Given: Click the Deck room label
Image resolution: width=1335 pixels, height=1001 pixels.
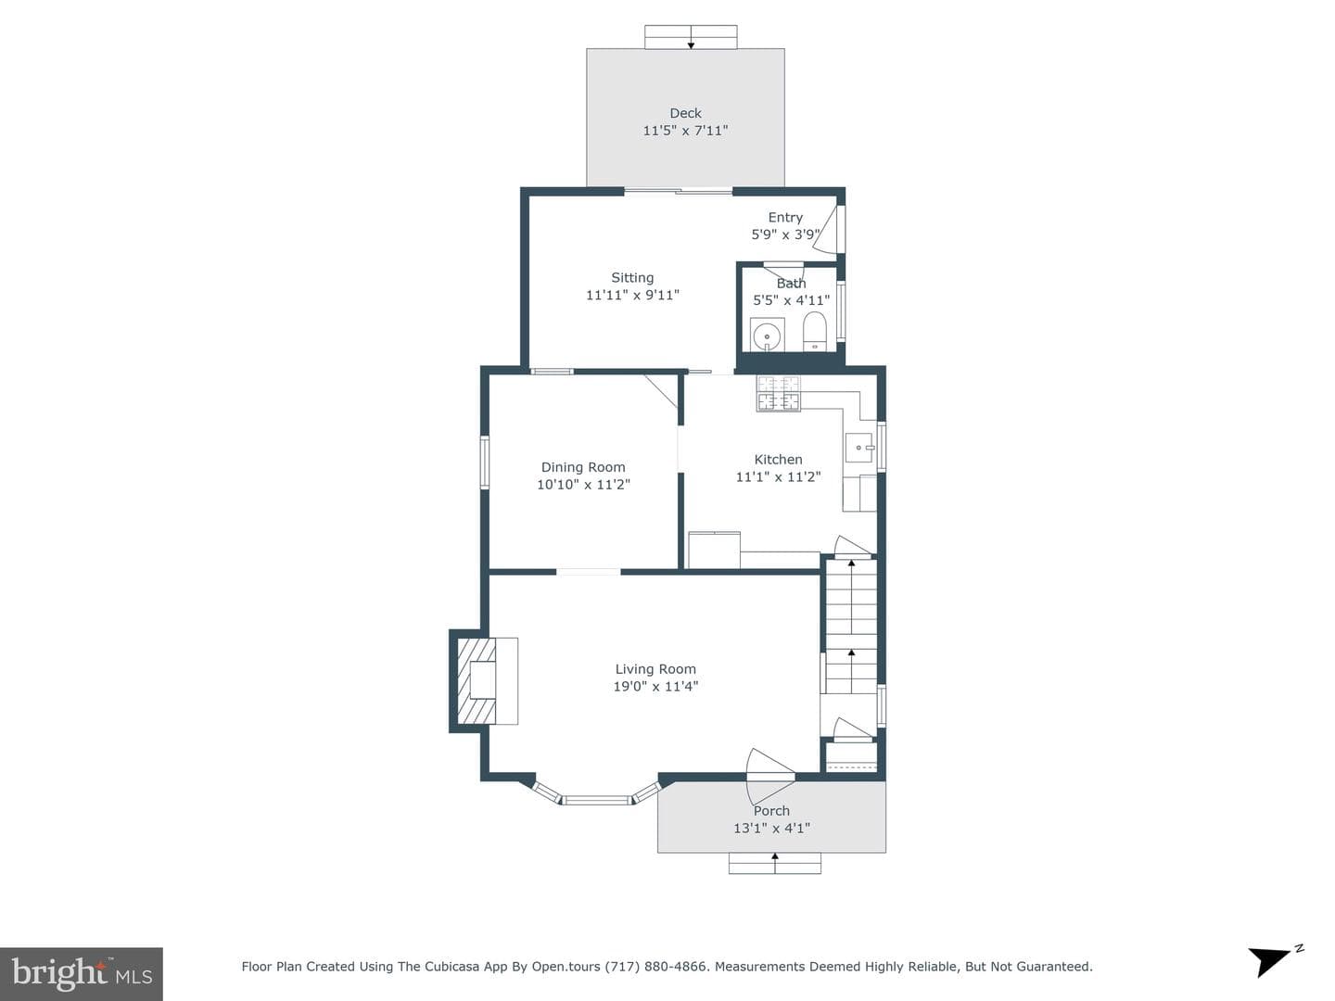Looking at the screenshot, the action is (x=685, y=113).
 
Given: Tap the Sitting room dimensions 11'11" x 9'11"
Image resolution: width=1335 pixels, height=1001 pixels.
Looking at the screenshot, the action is (x=632, y=295).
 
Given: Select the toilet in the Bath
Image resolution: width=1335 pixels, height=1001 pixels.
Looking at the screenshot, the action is (x=814, y=331).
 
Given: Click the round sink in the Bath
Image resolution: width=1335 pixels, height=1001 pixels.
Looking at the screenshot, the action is (x=767, y=335).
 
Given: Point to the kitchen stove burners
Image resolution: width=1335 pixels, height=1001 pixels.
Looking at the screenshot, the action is (x=779, y=393).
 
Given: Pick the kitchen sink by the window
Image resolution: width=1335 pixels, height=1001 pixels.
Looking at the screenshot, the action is (x=859, y=448).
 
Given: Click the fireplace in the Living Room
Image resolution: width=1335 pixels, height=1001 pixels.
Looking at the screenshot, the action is (x=477, y=680).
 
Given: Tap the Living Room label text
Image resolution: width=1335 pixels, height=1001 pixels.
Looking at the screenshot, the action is (x=655, y=669).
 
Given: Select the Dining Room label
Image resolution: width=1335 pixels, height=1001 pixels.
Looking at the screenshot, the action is (x=583, y=467).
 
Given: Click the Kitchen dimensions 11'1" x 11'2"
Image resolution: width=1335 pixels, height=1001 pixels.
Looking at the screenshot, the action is (x=779, y=476).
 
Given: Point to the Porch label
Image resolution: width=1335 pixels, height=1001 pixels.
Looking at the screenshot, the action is (x=772, y=811).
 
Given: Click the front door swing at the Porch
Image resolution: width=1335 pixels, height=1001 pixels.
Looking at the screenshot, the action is (x=770, y=777).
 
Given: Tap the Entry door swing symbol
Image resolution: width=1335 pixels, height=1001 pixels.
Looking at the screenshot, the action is (x=828, y=229).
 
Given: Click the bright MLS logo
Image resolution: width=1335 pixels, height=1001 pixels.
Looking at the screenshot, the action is (x=82, y=973).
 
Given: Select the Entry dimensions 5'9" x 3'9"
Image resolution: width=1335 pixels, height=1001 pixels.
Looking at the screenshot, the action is (x=786, y=234).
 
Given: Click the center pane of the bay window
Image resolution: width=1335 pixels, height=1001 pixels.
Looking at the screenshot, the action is (x=597, y=801).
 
